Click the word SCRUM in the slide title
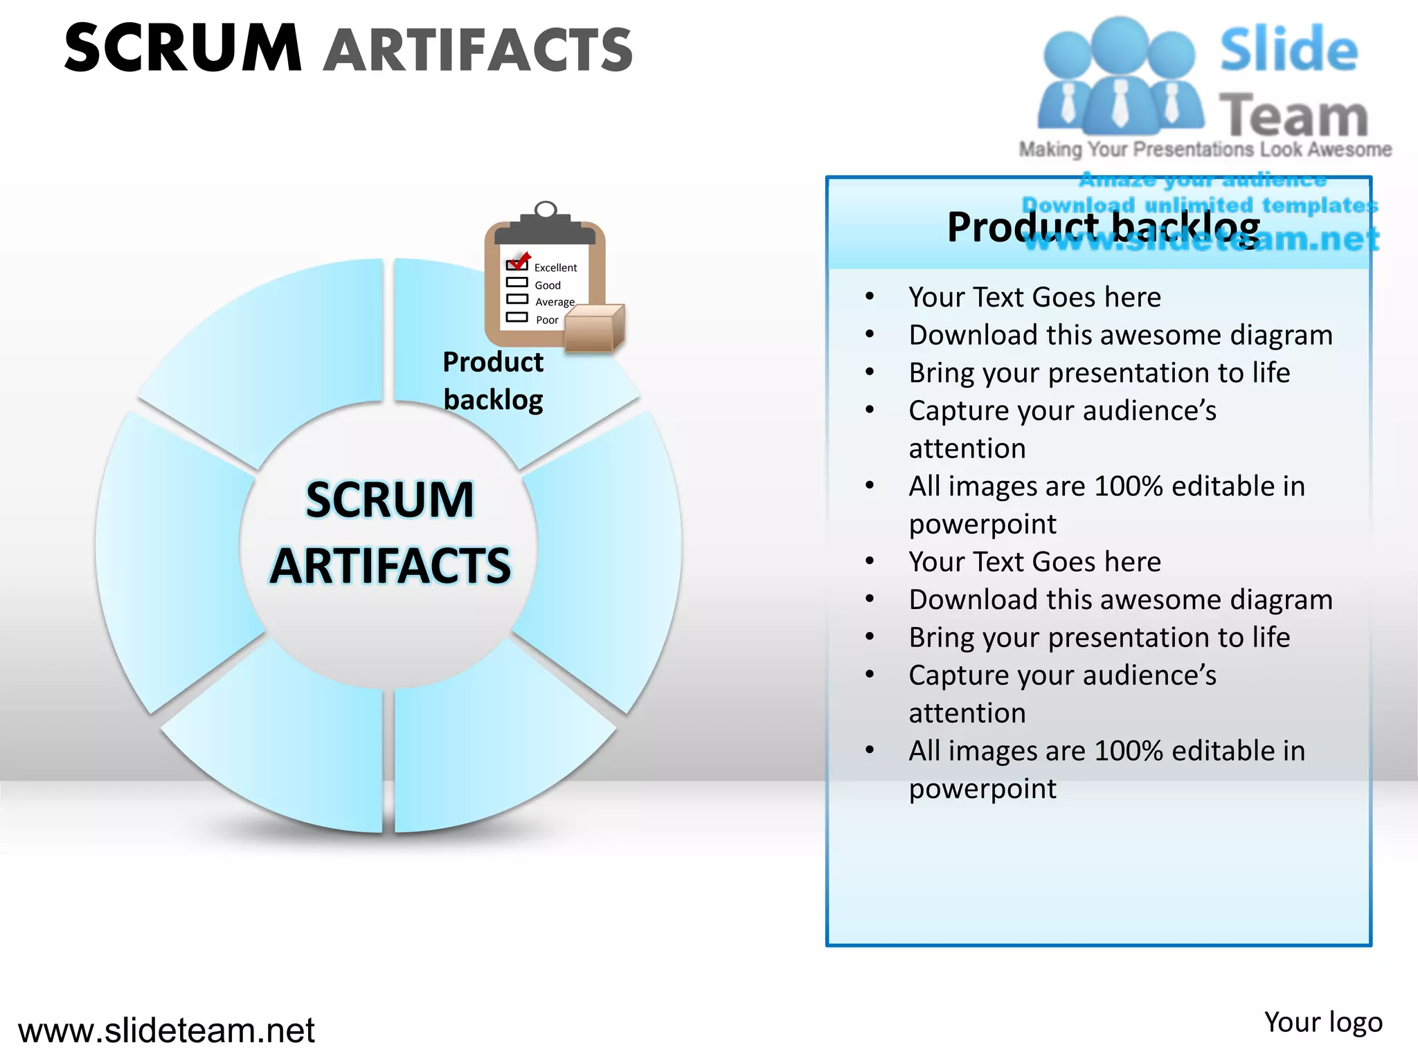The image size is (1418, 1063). [183, 48]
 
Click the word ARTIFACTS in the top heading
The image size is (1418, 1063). [478, 50]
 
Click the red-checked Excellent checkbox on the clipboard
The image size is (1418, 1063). [517, 264]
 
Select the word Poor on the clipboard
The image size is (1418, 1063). [547, 320]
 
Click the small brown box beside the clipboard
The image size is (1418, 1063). [594, 328]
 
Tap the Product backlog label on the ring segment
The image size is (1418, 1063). [493, 381]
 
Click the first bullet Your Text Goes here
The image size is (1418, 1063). [1034, 297]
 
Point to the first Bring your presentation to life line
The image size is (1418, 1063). [1099, 372]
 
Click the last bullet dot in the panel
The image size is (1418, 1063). [870, 750]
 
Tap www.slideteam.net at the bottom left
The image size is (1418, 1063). [166, 1030]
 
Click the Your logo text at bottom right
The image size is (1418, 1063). [1322, 1022]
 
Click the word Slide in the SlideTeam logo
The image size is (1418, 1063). [1289, 50]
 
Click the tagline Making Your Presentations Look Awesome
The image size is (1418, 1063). [1205, 149]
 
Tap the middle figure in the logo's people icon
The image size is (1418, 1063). [1120, 76]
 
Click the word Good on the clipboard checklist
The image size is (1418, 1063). [548, 285]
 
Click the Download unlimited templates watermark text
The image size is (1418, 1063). [1200, 205]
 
